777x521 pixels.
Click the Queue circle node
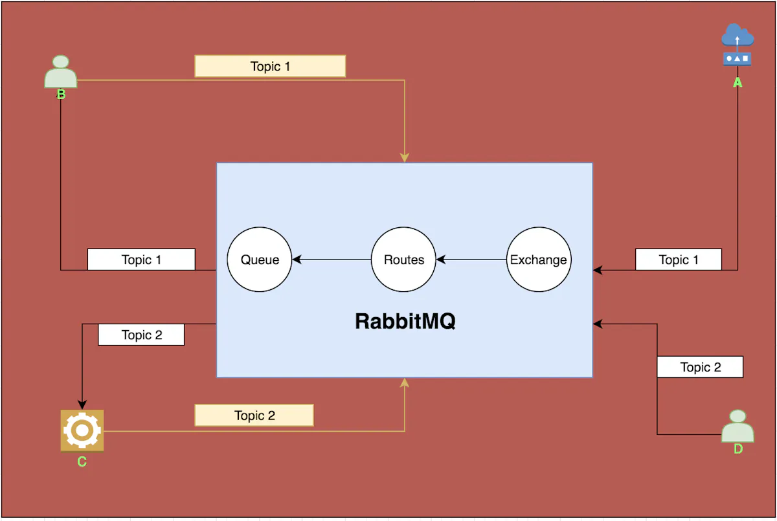(x=260, y=260)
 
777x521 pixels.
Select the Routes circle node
(x=404, y=260)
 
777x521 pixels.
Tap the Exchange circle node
(x=539, y=260)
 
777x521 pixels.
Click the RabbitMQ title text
(x=405, y=321)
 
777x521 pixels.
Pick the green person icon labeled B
(x=61, y=72)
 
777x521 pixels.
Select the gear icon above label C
(x=82, y=430)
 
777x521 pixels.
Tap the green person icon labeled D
(x=738, y=426)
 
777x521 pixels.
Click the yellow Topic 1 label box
(x=270, y=66)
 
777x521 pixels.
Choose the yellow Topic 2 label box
(x=254, y=416)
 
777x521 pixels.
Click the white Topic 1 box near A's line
(x=678, y=260)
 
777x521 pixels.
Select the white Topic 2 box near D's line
(x=700, y=367)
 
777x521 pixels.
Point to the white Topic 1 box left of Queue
(x=141, y=260)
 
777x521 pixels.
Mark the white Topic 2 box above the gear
(x=141, y=335)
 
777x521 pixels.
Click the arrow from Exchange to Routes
(x=471, y=260)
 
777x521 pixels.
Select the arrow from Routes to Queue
(x=331, y=260)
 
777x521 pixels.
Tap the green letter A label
(x=737, y=83)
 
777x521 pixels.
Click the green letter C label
(x=82, y=461)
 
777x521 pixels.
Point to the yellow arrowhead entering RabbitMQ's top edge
(x=405, y=157)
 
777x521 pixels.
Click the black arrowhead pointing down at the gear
(x=82, y=405)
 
